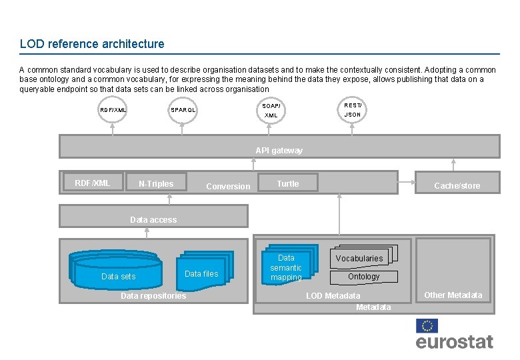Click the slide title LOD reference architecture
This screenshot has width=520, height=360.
coord(92,44)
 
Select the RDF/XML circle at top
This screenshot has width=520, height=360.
coord(113,109)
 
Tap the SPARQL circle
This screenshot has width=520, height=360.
coord(183,109)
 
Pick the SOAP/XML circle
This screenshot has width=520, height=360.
coord(271,110)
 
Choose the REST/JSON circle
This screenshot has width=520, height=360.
coord(353,109)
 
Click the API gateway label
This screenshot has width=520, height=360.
coord(279,151)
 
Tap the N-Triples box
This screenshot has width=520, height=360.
coord(156,184)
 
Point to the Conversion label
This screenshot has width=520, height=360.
coord(228,187)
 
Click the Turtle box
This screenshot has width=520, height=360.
coord(288,184)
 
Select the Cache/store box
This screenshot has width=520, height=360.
coord(457,185)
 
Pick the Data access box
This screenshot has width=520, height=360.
coord(153,219)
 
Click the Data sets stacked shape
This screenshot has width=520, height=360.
coord(117,273)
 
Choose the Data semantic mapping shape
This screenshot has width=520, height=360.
coord(287,267)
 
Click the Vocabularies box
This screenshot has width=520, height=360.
coord(359,258)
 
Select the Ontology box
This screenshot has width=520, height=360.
coord(363,277)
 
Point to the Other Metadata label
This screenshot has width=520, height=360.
coord(453,295)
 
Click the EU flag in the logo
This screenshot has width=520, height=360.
coord(427,325)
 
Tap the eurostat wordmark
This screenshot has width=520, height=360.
coord(454,342)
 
